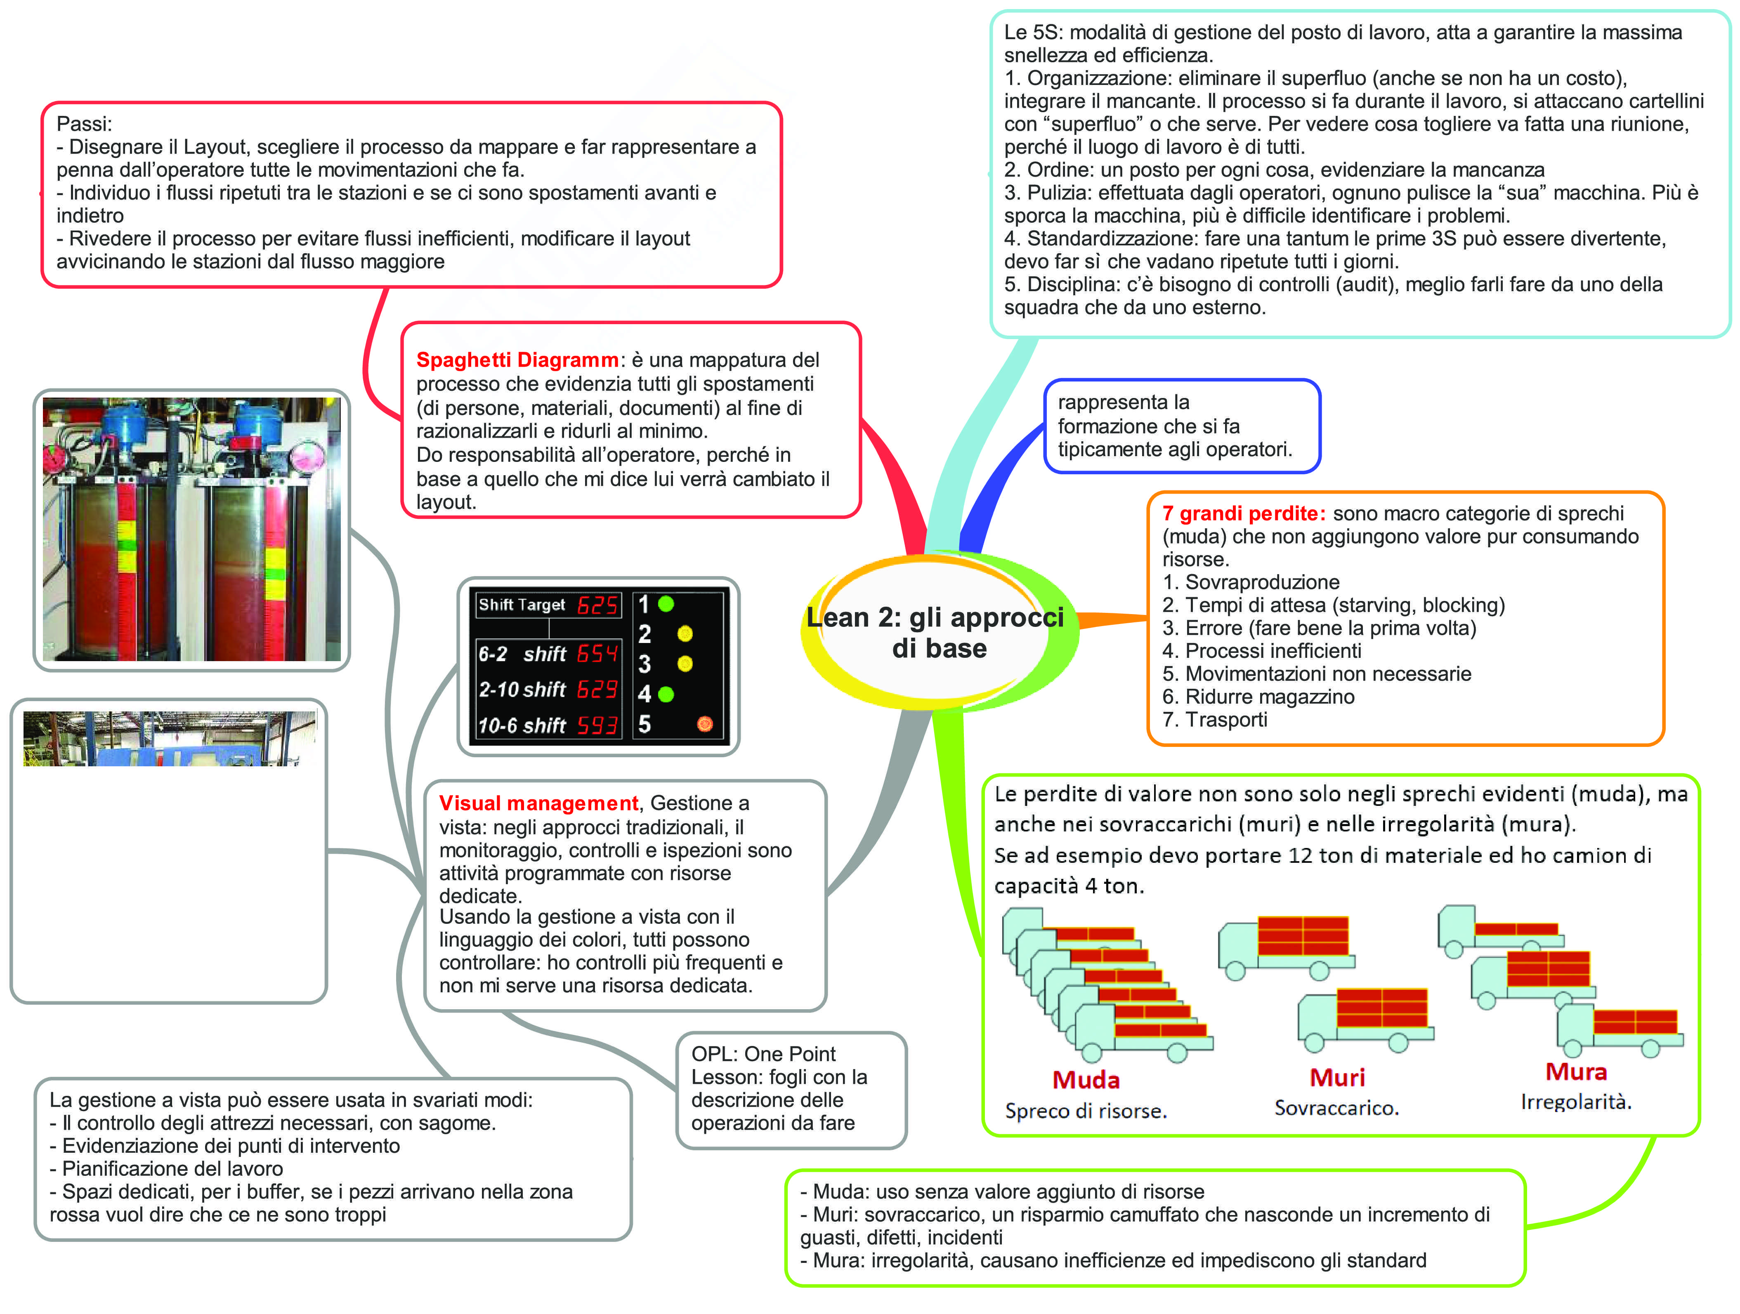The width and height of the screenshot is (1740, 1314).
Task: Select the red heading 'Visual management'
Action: (x=538, y=803)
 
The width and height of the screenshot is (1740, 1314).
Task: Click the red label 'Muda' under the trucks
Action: (x=1086, y=1080)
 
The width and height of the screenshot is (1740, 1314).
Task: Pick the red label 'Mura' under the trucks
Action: (x=1576, y=1072)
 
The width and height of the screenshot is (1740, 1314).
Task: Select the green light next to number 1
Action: (x=666, y=604)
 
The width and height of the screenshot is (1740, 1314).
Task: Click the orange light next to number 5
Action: (x=705, y=724)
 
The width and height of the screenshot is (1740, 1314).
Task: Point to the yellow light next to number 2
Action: (x=685, y=634)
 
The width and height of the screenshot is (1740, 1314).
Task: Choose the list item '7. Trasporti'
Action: (x=1215, y=720)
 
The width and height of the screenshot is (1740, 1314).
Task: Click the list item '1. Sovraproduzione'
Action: (x=1251, y=582)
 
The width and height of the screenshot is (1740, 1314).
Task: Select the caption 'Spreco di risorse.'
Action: (x=1086, y=1111)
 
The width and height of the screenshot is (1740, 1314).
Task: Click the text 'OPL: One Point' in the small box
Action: (x=763, y=1054)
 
